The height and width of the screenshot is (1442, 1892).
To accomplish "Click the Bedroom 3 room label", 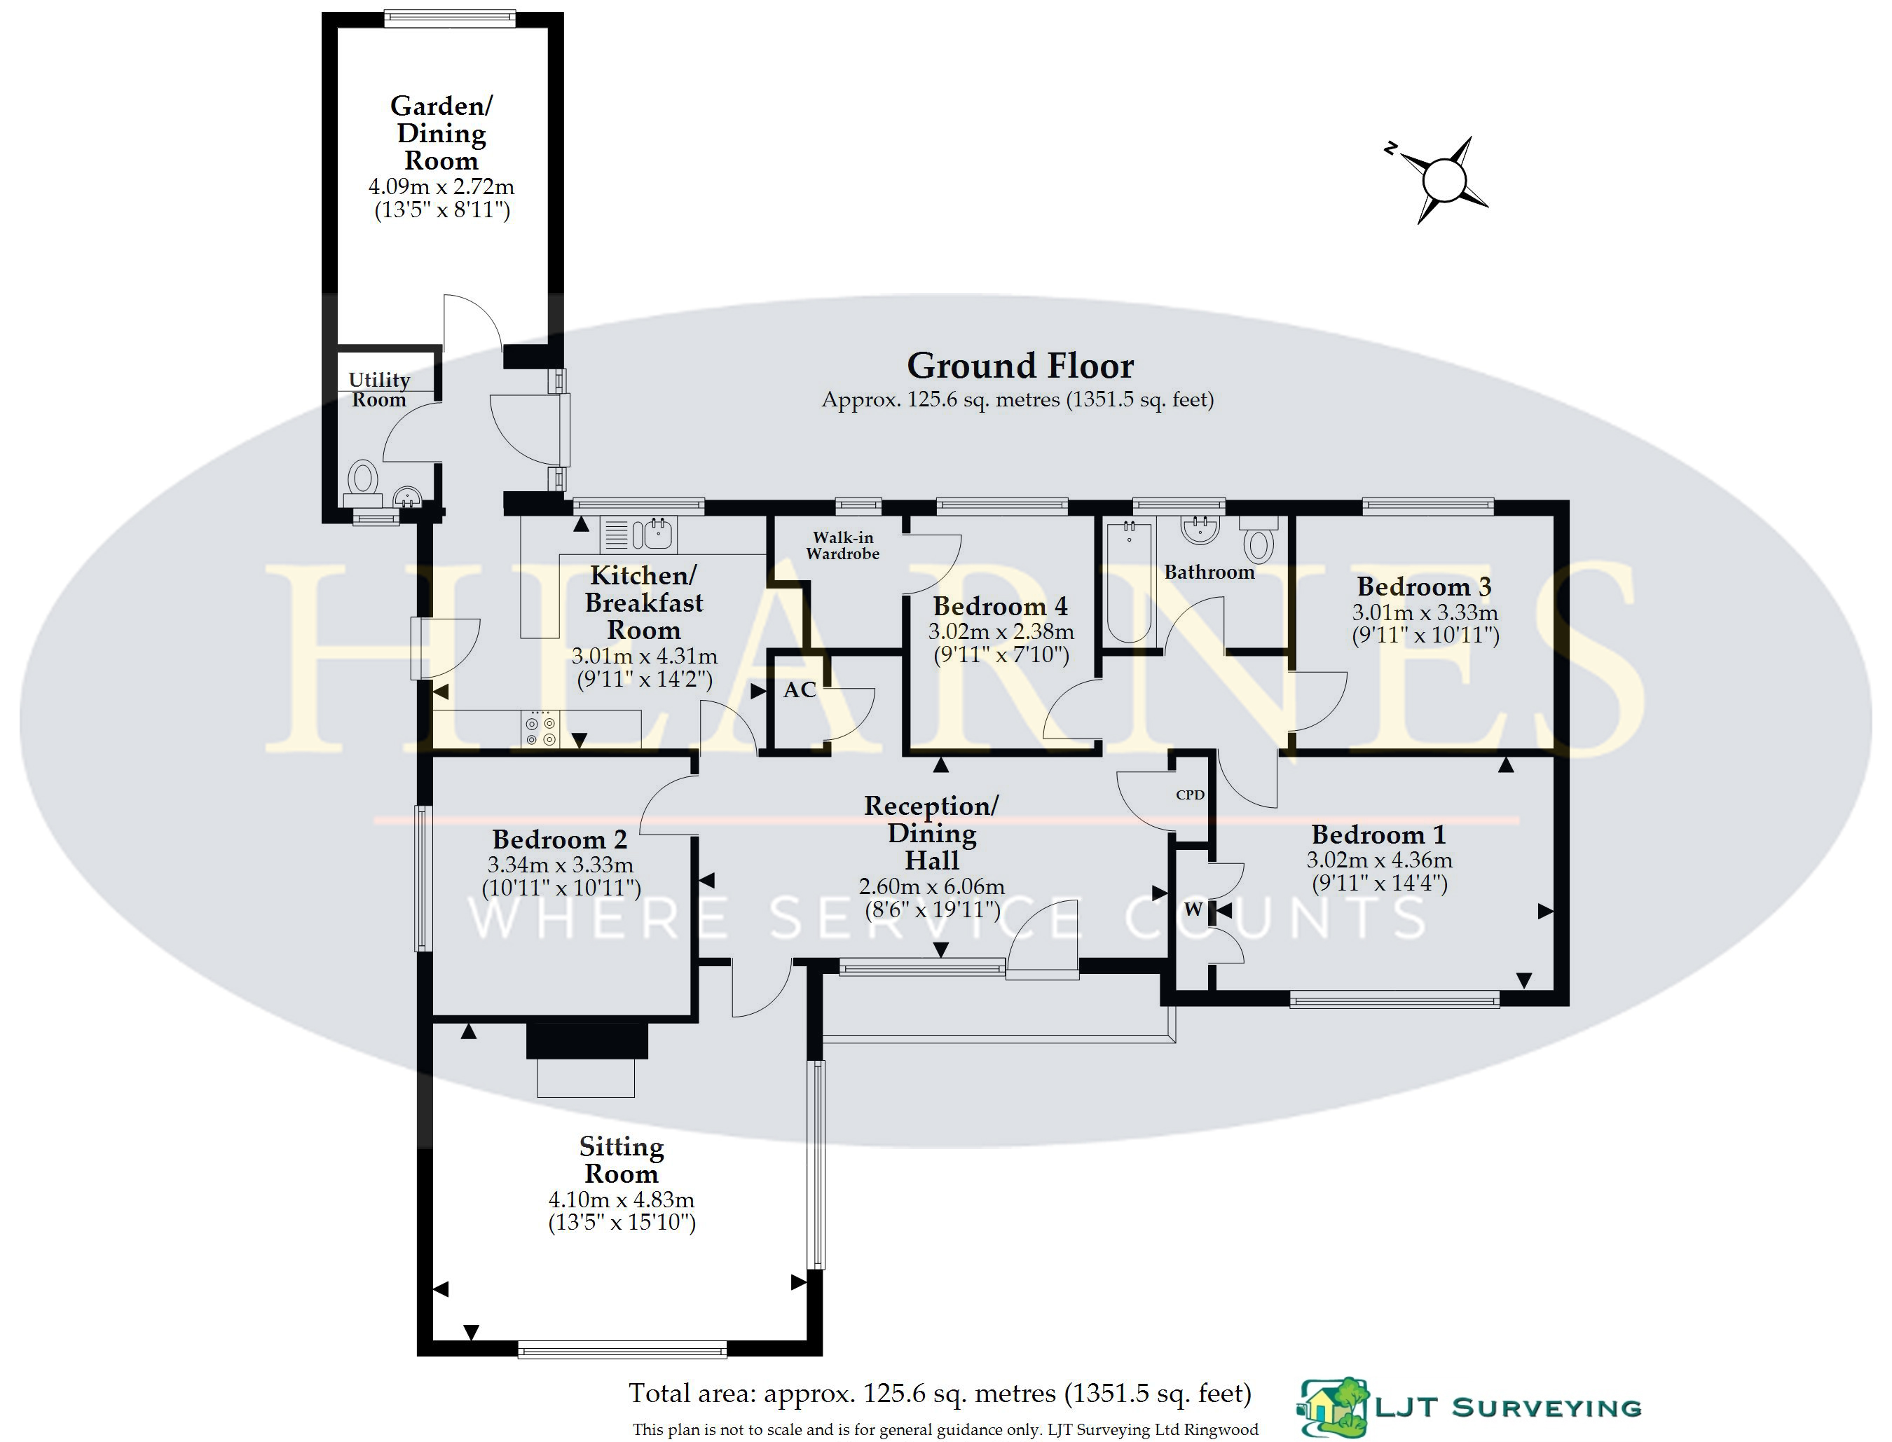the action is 1423,586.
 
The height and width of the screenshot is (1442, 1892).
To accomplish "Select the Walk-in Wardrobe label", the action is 842,546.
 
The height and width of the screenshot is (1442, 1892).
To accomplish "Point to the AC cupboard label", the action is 800,690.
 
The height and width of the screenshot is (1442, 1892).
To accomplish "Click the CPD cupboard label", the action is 1190,795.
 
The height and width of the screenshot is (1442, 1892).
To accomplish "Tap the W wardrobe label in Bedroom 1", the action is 1193,909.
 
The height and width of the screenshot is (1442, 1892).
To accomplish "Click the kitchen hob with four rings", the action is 540,729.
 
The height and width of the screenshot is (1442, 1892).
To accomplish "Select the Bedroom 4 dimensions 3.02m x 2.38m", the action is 1000,633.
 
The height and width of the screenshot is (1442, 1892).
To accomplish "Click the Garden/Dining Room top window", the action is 450,18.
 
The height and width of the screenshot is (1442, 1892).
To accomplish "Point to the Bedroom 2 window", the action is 421,877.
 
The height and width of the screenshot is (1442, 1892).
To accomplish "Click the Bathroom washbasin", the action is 1200,530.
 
